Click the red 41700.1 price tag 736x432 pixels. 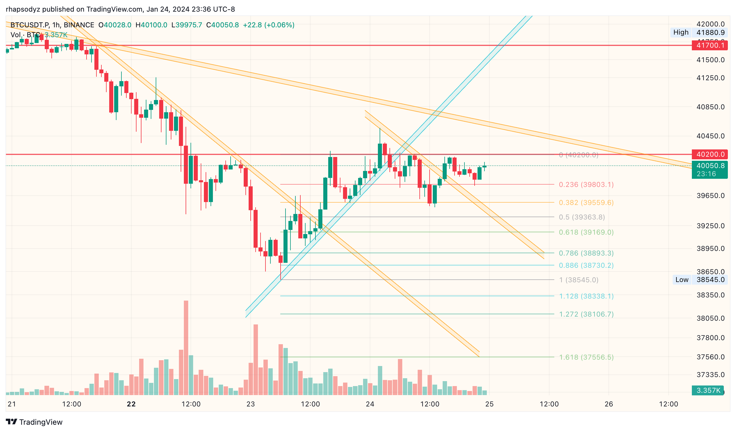[x=710, y=45]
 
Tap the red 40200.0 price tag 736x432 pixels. [x=710, y=154]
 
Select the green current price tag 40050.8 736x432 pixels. [x=710, y=166]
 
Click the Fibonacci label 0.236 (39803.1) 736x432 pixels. [x=586, y=185]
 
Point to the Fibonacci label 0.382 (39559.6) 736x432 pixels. [x=586, y=203]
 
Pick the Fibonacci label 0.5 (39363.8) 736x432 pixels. [x=582, y=217]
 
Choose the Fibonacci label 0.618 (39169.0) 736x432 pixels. [x=586, y=232]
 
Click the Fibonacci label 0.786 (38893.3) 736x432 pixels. [x=586, y=253]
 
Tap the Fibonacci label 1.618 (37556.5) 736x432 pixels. [x=586, y=357]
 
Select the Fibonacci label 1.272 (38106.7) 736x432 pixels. [x=586, y=314]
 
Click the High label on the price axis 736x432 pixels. [x=681, y=33]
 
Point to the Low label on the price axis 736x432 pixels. [x=682, y=280]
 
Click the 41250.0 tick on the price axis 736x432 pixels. [x=710, y=78]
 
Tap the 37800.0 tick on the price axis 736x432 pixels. [x=710, y=338]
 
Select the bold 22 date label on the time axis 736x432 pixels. [x=131, y=404]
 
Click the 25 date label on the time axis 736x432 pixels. [x=489, y=404]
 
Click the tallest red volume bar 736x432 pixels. [x=186, y=348]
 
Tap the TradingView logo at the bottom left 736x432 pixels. [x=34, y=422]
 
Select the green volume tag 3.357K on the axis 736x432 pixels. [x=708, y=390]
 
